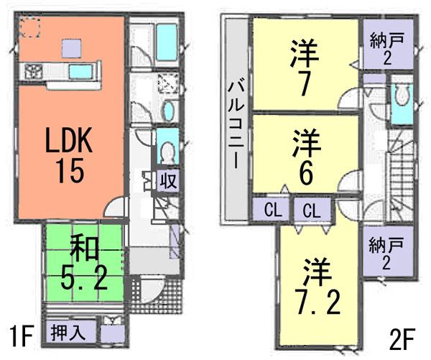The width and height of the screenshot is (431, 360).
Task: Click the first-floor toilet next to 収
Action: point(167,152)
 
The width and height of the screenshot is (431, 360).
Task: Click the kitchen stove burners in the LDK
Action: point(33,70)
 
